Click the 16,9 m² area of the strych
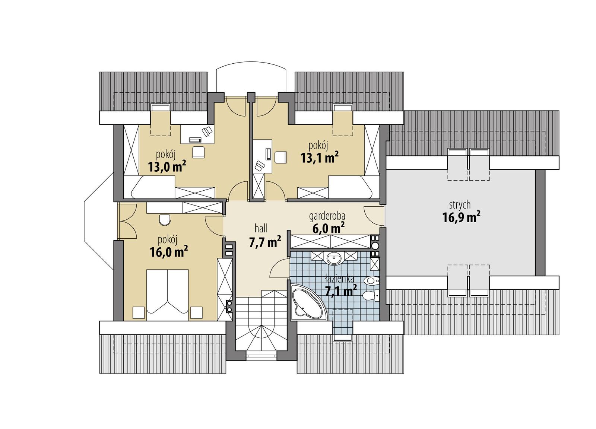coord(461,217)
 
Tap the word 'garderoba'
coord(327,216)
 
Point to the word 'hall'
coord(261,228)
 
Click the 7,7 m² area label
coord(264,242)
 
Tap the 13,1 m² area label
coord(319,158)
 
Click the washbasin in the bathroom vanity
coord(334,257)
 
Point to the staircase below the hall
coord(261,324)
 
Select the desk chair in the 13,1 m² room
coord(280,157)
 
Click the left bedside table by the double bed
coord(139,312)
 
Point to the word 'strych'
coord(460,205)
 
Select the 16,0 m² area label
coord(168,252)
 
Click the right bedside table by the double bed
coord(196,312)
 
